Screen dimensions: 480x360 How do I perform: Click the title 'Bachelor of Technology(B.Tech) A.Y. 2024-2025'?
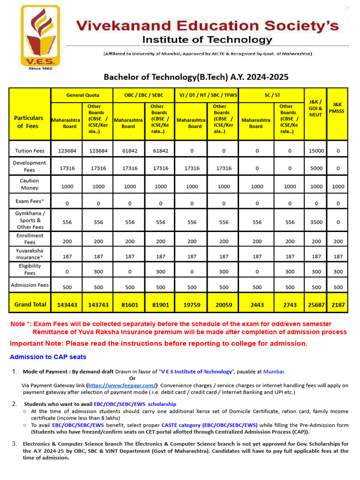click(x=196, y=77)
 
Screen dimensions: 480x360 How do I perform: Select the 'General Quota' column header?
click(x=82, y=95)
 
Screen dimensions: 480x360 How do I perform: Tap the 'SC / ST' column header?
click(x=271, y=95)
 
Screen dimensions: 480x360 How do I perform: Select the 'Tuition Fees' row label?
click(x=30, y=151)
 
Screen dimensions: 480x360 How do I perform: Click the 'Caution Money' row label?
click(x=30, y=184)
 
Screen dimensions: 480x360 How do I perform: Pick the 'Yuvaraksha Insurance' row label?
click(x=30, y=254)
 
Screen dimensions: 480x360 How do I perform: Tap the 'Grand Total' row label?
click(x=30, y=304)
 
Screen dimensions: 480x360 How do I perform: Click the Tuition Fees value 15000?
click(x=316, y=151)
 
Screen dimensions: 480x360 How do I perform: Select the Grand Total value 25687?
click(x=316, y=305)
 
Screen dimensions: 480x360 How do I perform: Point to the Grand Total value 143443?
click(x=67, y=305)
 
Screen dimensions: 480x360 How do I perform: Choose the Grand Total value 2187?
click(x=337, y=305)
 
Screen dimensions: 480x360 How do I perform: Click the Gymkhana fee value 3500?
click(x=316, y=223)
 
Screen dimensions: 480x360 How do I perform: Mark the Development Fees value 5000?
click(x=316, y=168)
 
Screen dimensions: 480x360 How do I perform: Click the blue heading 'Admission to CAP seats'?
click(x=48, y=357)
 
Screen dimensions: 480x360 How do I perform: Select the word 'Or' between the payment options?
click(x=132, y=378)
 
